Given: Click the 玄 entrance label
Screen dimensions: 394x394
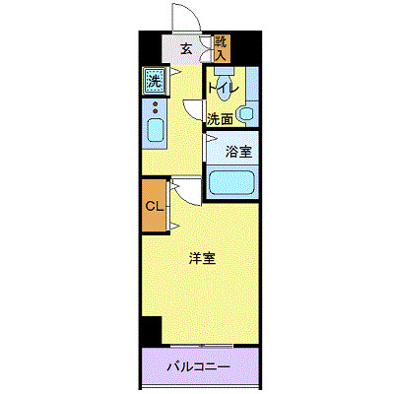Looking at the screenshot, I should pyautogui.click(x=184, y=49).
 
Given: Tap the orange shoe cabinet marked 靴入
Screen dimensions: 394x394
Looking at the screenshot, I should pyautogui.click(x=222, y=47).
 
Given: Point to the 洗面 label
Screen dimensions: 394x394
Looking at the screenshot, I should pyautogui.click(x=220, y=119).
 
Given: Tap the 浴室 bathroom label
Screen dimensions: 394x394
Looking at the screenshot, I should pyautogui.click(x=238, y=153).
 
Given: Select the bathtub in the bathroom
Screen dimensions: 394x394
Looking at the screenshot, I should pyautogui.click(x=231, y=182).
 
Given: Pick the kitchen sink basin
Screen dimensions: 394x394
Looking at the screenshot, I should pyautogui.click(x=155, y=130).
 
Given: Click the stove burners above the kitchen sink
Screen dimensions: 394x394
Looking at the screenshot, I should pyautogui.click(x=155, y=106).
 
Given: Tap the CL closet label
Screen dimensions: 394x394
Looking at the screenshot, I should pyautogui.click(x=154, y=206).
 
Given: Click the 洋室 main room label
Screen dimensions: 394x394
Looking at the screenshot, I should pyautogui.click(x=203, y=259).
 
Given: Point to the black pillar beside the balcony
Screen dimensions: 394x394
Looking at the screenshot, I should pyautogui.click(x=150, y=332).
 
